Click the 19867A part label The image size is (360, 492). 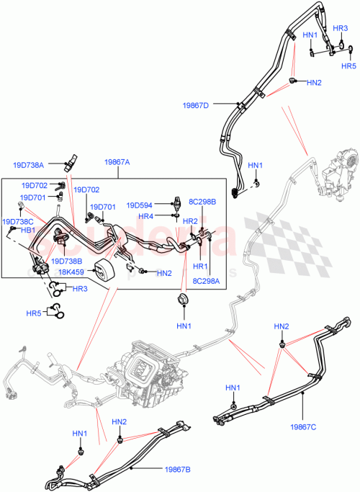coord(117,163)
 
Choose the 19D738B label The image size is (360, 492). coord(66,261)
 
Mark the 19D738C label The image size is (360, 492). coord(18,222)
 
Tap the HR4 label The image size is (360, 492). coord(145,216)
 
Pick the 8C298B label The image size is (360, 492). coord(202,202)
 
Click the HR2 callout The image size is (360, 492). coord(190,221)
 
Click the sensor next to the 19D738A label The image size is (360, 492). coord(72,161)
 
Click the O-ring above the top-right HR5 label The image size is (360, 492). coord(349,50)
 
